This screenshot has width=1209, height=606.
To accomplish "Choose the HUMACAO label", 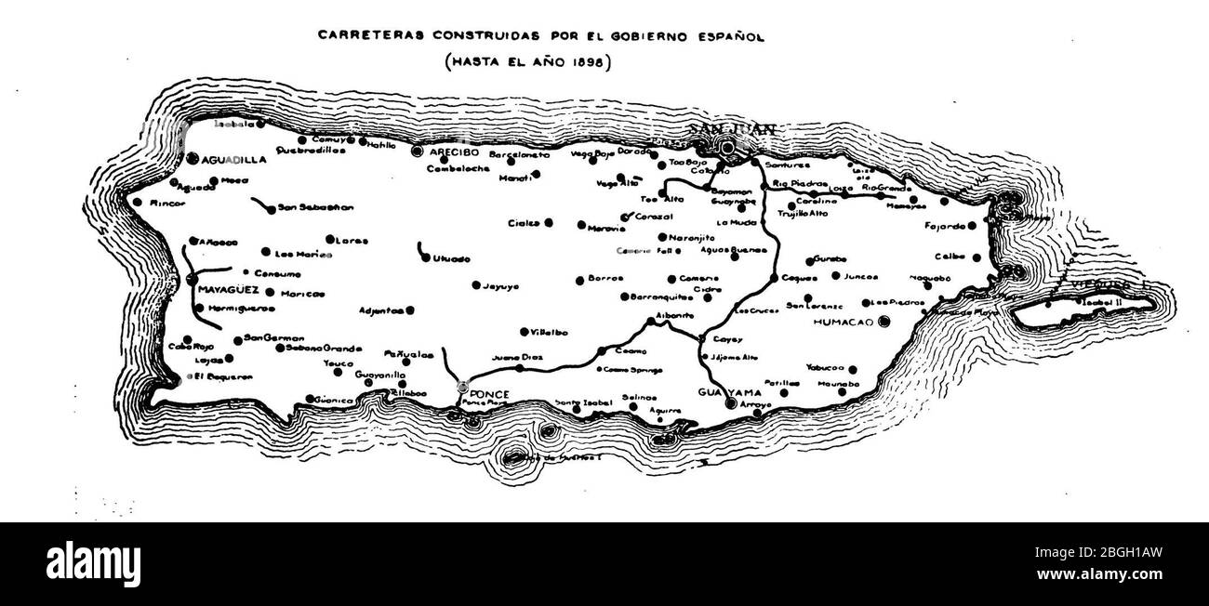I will tap(845, 322).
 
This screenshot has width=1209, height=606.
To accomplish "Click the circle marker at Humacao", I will tap(884, 321).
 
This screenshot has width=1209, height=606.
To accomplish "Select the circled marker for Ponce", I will tap(463, 387).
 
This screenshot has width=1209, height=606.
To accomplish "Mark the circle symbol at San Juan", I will tap(728, 147).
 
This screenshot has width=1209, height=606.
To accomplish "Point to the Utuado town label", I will tap(452, 258).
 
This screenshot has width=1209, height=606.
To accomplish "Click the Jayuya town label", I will tap(499, 286).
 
